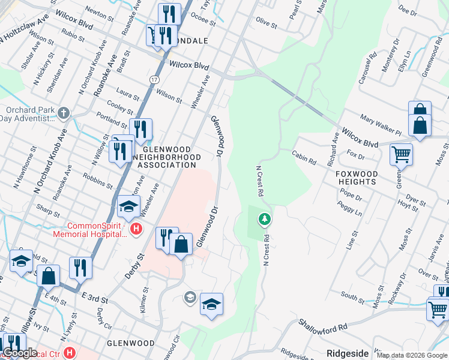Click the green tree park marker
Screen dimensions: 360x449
(x=264, y=220)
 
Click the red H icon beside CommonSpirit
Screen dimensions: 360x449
(x=136, y=228)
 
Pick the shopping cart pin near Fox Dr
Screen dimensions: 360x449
(x=401, y=154)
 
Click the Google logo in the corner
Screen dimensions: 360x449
(x=20, y=353)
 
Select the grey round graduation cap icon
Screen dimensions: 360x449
(x=190, y=297)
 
